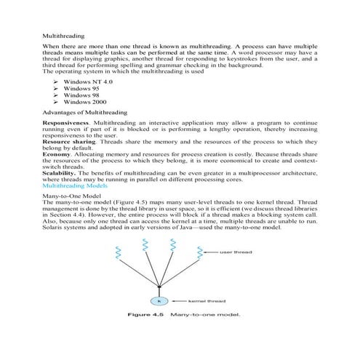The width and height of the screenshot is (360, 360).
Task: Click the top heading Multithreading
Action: coord(64,34)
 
